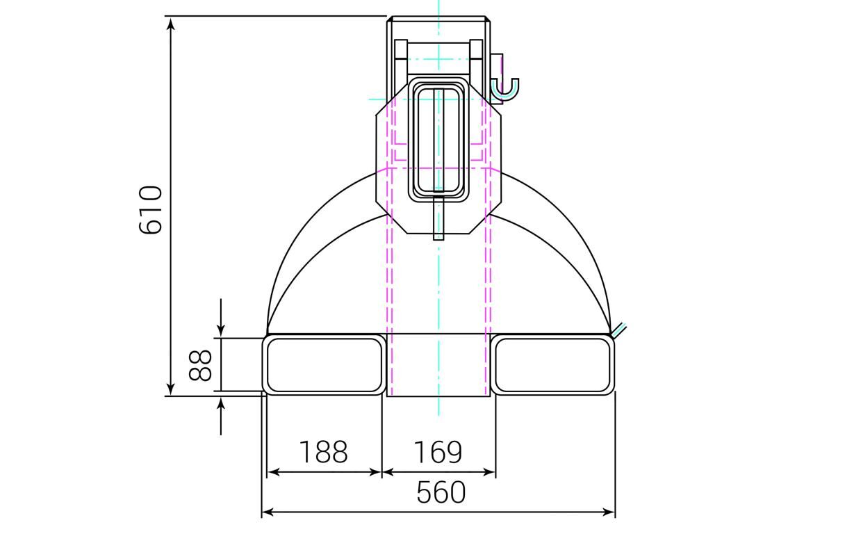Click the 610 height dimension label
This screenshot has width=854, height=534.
pyautogui.click(x=150, y=209)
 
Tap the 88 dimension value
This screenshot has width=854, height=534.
pyautogui.click(x=200, y=366)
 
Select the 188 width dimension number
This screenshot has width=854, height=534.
pyautogui.click(x=324, y=452)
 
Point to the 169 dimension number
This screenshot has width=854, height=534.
pyautogui.click(x=438, y=452)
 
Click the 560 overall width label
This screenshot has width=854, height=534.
pyautogui.click(x=441, y=492)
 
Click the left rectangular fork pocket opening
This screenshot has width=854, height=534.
pyautogui.click(x=324, y=365)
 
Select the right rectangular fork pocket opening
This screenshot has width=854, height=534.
pyautogui.click(x=552, y=365)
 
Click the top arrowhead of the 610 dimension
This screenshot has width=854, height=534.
pyautogui.click(x=171, y=23)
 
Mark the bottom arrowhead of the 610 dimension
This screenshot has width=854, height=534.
pyautogui.click(x=171, y=389)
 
